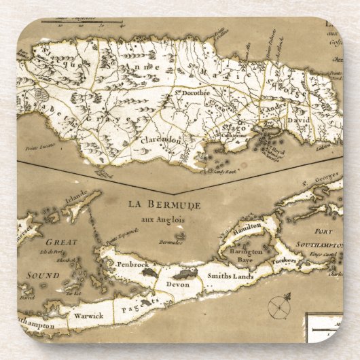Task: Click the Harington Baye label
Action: [x=247, y=255]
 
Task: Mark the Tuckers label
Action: [x=285, y=260]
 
